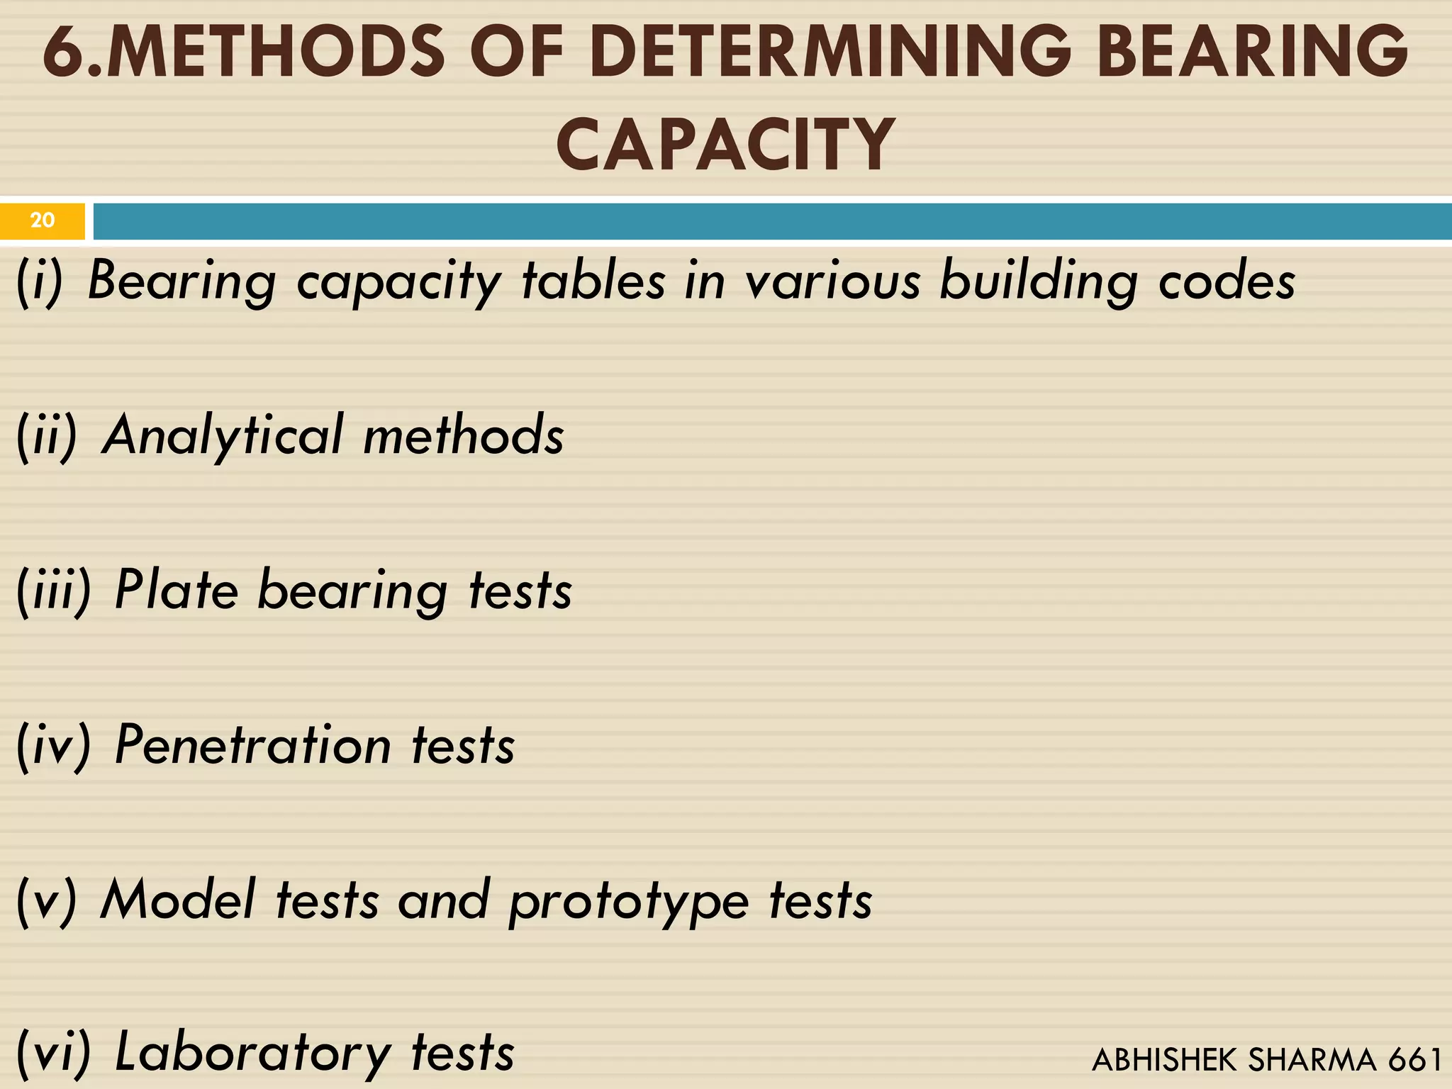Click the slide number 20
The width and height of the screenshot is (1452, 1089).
pos(43,220)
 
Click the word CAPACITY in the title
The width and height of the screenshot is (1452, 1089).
pos(725,145)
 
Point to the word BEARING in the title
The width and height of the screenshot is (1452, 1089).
pos(1253,52)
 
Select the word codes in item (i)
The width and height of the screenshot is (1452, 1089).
pos(1227,281)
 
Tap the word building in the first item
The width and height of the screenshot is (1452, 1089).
pos(1039,281)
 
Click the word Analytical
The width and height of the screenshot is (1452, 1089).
pos(223,435)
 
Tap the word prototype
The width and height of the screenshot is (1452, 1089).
pos(629,902)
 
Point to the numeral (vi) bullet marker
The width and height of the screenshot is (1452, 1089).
pos(54,1053)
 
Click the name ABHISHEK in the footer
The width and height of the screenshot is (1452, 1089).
pos(1166,1060)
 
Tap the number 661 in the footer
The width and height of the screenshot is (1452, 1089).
pos(1414,1060)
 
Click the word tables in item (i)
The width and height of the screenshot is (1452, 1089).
pos(593,281)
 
